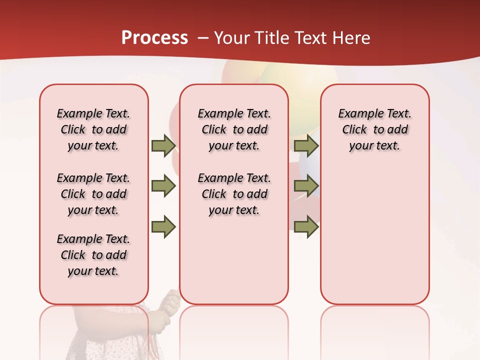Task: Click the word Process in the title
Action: point(154,38)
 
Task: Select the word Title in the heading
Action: point(272,38)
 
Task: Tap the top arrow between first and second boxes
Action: point(163,145)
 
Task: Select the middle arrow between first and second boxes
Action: point(163,186)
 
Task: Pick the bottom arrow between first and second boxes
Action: point(163,226)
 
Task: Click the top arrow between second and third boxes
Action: point(306,145)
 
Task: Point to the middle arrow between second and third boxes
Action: point(306,186)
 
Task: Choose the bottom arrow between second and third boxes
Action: point(306,226)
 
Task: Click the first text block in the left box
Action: point(93,129)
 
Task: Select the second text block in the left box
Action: point(93,194)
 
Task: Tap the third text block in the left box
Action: point(93,255)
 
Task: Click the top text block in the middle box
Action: point(234,129)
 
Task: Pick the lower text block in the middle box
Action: point(234,194)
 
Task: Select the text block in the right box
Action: point(374,129)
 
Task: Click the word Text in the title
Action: point(312,38)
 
